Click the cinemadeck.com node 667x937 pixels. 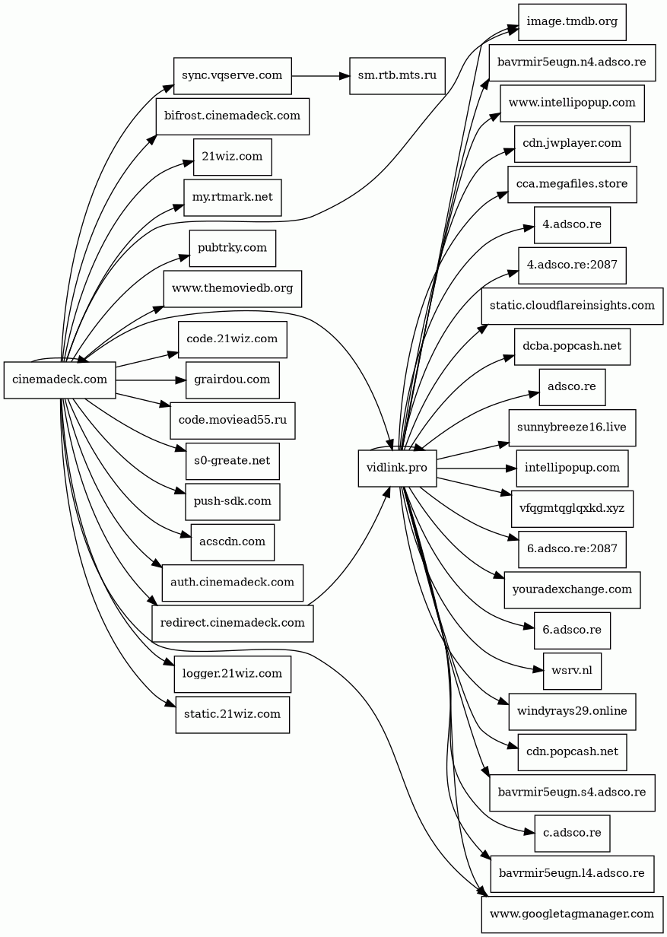(60, 380)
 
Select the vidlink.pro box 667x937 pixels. (397, 468)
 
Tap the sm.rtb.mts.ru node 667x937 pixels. (397, 76)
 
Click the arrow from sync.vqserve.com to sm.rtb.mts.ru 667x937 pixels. (320, 76)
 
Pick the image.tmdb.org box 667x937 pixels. (572, 22)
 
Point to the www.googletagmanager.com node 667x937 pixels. (572, 914)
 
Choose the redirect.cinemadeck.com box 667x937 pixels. (233, 624)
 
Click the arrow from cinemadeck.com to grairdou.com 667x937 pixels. (151, 380)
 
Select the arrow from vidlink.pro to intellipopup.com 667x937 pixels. (477, 468)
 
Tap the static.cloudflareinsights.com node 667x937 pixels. (572, 306)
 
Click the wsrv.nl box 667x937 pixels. (572, 671)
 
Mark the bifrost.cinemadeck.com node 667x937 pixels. (233, 116)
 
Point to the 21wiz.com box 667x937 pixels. (233, 157)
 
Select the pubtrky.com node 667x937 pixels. (233, 248)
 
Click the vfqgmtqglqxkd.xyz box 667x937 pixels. (572, 509)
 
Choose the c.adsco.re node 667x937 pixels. (572, 834)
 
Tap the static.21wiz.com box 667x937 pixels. (233, 714)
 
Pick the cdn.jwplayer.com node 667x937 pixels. (572, 144)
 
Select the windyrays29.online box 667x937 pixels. (572, 712)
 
